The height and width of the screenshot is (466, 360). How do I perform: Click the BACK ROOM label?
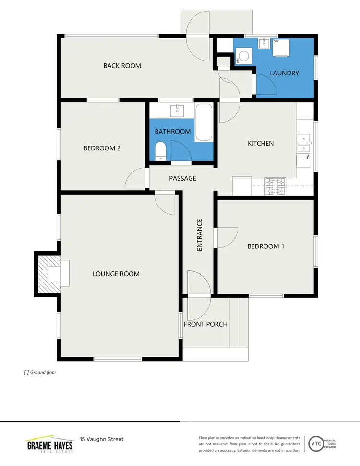(122, 66)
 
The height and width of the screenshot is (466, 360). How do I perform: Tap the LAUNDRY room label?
(284, 73)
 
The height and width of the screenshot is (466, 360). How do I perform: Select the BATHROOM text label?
(172, 132)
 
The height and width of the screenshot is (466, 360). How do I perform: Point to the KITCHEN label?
(260, 143)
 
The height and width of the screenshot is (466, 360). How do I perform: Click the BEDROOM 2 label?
(102, 148)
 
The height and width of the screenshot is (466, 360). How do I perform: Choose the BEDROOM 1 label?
(265, 246)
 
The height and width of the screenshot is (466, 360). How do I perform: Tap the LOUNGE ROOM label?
(116, 274)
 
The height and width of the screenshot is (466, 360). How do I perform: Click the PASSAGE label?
(182, 178)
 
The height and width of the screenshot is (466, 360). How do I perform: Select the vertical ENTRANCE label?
(199, 235)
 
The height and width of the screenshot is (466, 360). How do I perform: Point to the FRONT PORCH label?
(205, 324)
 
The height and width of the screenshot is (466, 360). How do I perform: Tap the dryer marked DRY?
(281, 47)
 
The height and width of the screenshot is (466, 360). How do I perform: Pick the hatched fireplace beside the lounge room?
(48, 273)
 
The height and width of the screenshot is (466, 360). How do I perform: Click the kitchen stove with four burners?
(276, 186)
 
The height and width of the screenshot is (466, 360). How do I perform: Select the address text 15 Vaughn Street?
(102, 439)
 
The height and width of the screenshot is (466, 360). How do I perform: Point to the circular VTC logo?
(316, 442)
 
